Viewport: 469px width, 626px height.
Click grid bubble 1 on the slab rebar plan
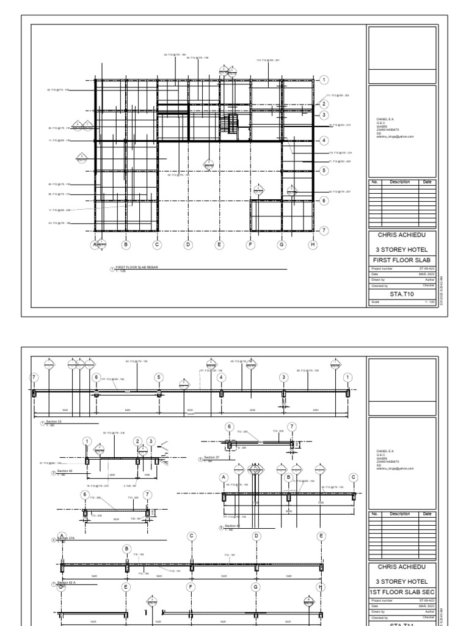[x=324, y=79]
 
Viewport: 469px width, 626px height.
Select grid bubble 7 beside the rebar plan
[x=324, y=230]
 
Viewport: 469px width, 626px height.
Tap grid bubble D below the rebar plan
[x=188, y=245]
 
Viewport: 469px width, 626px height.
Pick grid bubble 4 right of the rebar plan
[x=324, y=140]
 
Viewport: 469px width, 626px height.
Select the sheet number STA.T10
[x=402, y=293]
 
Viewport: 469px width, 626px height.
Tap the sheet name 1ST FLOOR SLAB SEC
[x=402, y=594]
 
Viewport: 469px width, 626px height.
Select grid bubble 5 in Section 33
[x=159, y=377]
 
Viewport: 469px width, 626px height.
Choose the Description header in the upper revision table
[x=400, y=182]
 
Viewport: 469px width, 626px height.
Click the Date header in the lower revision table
[x=427, y=514]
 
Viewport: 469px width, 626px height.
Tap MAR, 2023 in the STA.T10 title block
[x=426, y=273]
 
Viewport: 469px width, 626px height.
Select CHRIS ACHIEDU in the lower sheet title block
[x=402, y=567]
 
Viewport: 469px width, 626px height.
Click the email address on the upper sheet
[x=395, y=137]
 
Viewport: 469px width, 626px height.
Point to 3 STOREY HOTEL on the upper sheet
[x=402, y=249]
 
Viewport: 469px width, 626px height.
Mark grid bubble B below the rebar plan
[x=126, y=245]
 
